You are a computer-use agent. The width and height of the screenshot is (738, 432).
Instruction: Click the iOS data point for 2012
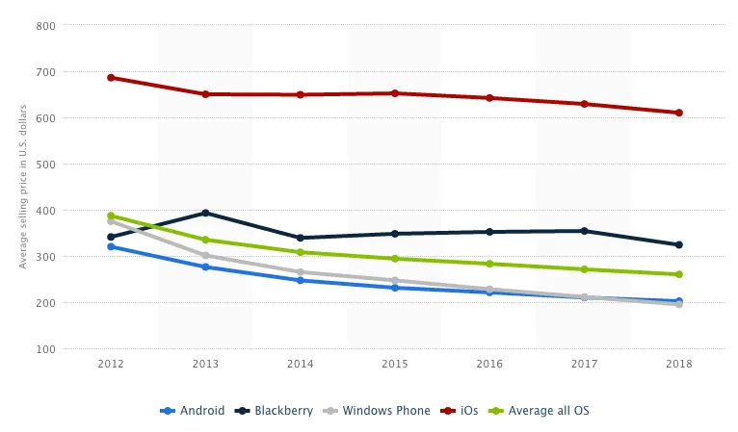[111, 78]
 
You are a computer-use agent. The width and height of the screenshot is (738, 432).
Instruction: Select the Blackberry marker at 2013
[205, 213]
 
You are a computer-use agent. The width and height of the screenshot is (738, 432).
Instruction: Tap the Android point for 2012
[111, 246]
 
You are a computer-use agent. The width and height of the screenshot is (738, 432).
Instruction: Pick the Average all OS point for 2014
[300, 252]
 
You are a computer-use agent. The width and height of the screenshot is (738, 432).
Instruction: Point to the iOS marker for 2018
[678, 113]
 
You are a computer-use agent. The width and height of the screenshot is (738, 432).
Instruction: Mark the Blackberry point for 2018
[678, 244]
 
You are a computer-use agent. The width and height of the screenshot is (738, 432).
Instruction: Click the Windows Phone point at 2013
[205, 256]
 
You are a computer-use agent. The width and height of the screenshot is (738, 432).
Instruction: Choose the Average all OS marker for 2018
[678, 274]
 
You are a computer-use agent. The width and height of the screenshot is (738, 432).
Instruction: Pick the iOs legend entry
[469, 411]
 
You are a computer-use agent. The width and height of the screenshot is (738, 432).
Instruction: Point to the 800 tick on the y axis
[44, 26]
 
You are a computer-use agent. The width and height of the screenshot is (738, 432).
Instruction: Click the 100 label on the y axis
[44, 349]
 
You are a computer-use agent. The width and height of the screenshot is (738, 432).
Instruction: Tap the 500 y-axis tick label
[44, 165]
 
